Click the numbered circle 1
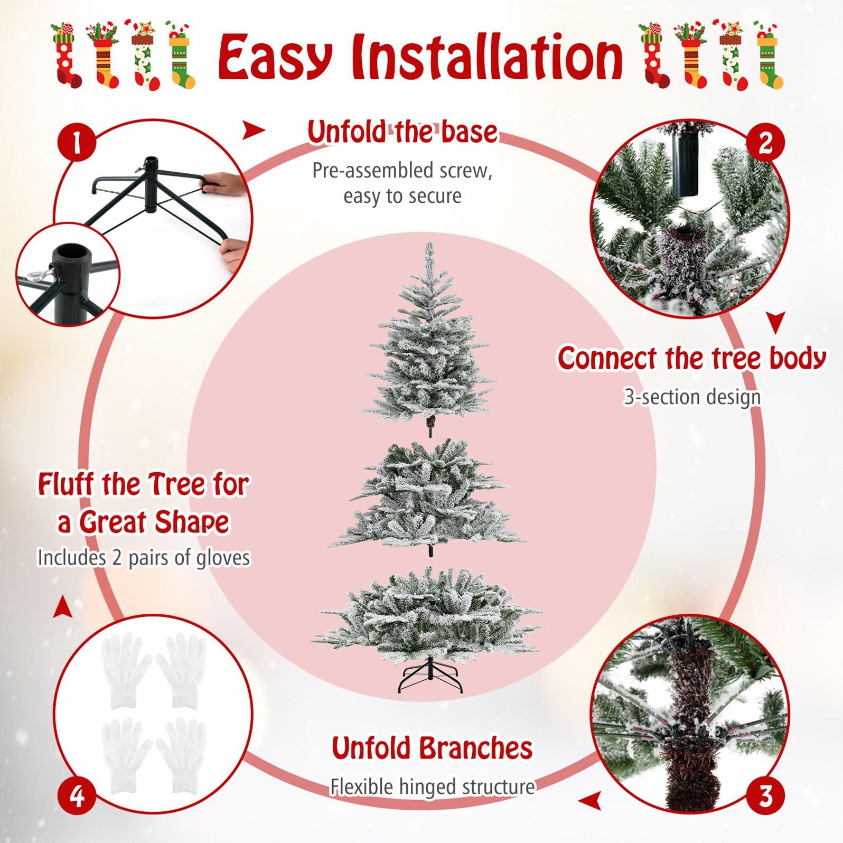click(x=77, y=143)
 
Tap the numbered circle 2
click(x=765, y=143)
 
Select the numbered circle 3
click(x=765, y=795)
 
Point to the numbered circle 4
click(x=77, y=795)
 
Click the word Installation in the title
click(x=487, y=57)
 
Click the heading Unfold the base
click(x=402, y=132)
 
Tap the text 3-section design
click(x=692, y=397)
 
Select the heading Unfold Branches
click(x=432, y=748)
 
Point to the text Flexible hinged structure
click(x=432, y=787)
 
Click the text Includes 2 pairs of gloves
click(x=144, y=558)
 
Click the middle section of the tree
click(x=428, y=497)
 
